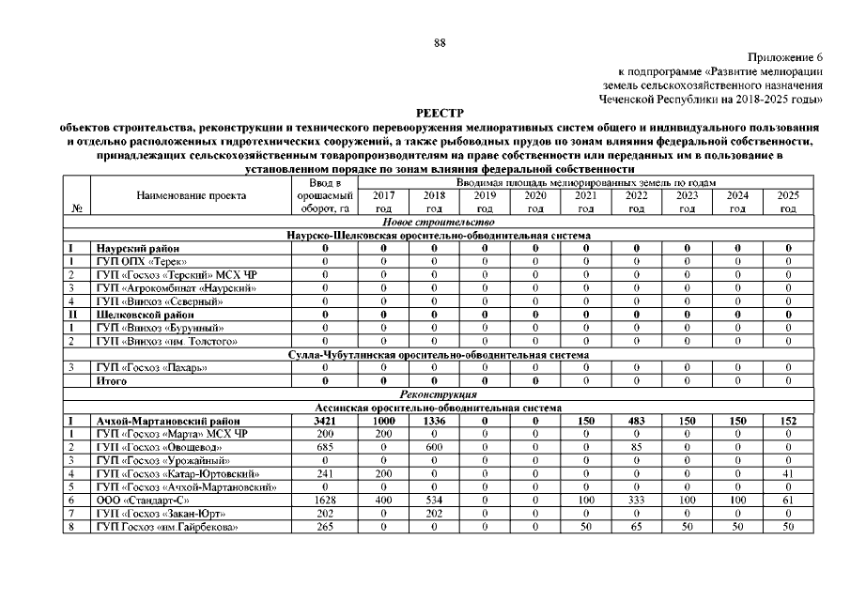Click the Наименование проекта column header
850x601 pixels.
192,196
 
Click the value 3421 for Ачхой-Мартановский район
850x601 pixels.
324,422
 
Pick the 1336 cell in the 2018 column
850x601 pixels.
434,422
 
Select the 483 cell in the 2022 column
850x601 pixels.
636,422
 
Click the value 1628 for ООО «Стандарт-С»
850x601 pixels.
324,501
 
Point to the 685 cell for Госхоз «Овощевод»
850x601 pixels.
324,448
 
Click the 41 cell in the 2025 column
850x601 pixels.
788,474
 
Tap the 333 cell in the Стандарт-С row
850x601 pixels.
636,501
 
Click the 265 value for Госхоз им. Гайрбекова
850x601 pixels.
324,527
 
